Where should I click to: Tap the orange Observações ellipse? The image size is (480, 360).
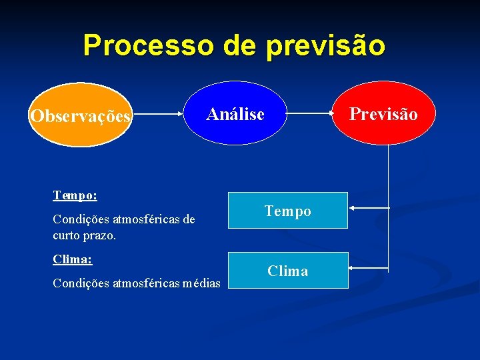point(81,115)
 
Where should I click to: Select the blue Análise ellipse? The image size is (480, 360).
point(235,114)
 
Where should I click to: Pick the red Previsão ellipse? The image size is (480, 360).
point(384,114)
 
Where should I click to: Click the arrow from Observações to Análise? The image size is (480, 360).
point(159,115)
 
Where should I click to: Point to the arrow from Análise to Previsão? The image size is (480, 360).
point(311,114)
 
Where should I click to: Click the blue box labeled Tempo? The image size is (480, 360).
point(288,211)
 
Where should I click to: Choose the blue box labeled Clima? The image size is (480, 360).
point(288,271)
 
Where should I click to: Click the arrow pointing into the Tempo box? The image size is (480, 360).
point(368,209)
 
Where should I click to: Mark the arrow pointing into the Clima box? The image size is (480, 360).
point(368,268)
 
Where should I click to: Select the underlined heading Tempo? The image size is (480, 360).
point(75,196)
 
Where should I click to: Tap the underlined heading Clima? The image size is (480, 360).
point(72,259)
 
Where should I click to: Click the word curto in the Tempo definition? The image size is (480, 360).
point(67,236)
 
